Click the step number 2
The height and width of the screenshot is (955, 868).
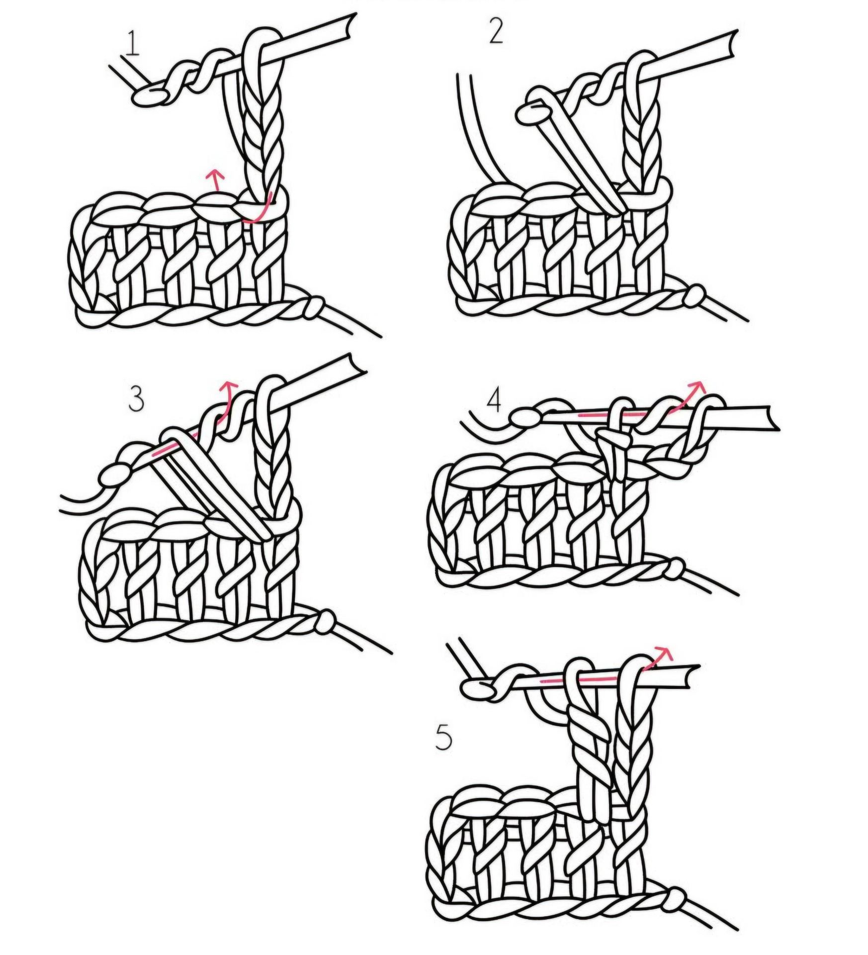(496, 32)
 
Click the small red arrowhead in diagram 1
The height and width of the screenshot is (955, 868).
(215, 175)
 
